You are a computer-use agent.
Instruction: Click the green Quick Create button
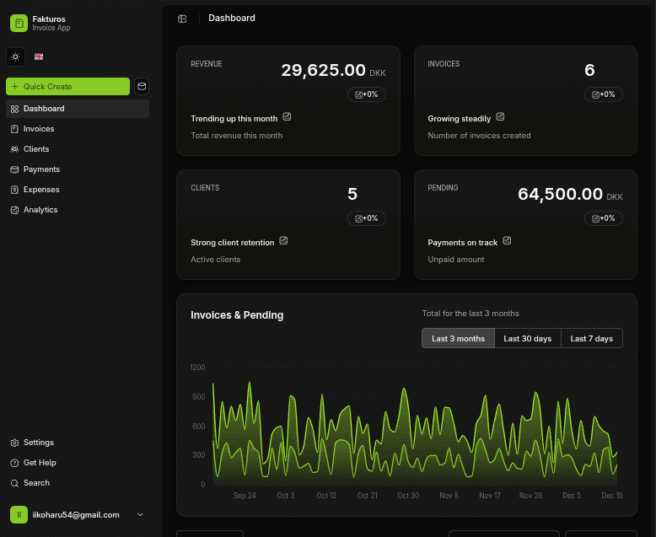click(x=67, y=87)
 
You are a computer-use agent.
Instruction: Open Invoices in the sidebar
click(x=38, y=129)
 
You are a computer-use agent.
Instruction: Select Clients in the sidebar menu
click(x=36, y=149)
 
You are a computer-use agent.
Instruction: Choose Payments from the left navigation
click(x=41, y=169)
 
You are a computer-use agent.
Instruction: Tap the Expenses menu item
click(x=41, y=190)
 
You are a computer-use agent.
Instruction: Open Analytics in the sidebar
click(x=40, y=210)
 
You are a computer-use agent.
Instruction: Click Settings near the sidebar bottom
click(x=38, y=443)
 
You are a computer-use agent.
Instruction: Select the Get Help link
click(x=40, y=463)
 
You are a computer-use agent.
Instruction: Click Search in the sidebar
click(x=36, y=483)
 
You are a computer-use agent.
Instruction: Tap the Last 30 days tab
click(x=527, y=338)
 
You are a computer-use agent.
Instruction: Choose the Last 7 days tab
click(x=591, y=338)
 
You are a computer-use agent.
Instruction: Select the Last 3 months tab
click(x=458, y=338)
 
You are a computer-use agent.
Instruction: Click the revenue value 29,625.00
click(x=323, y=71)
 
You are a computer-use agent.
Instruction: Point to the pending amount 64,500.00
click(x=560, y=195)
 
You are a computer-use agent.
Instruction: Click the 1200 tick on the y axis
click(x=198, y=368)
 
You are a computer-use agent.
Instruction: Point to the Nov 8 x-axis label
click(x=449, y=496)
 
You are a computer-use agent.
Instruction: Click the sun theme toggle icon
click(x=15, y=57)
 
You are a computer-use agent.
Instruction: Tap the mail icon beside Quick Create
click(x=142, y=86)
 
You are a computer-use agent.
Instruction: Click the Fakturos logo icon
click(x=19, y=23)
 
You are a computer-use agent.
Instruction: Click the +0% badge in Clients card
click(x=367, y=218)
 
